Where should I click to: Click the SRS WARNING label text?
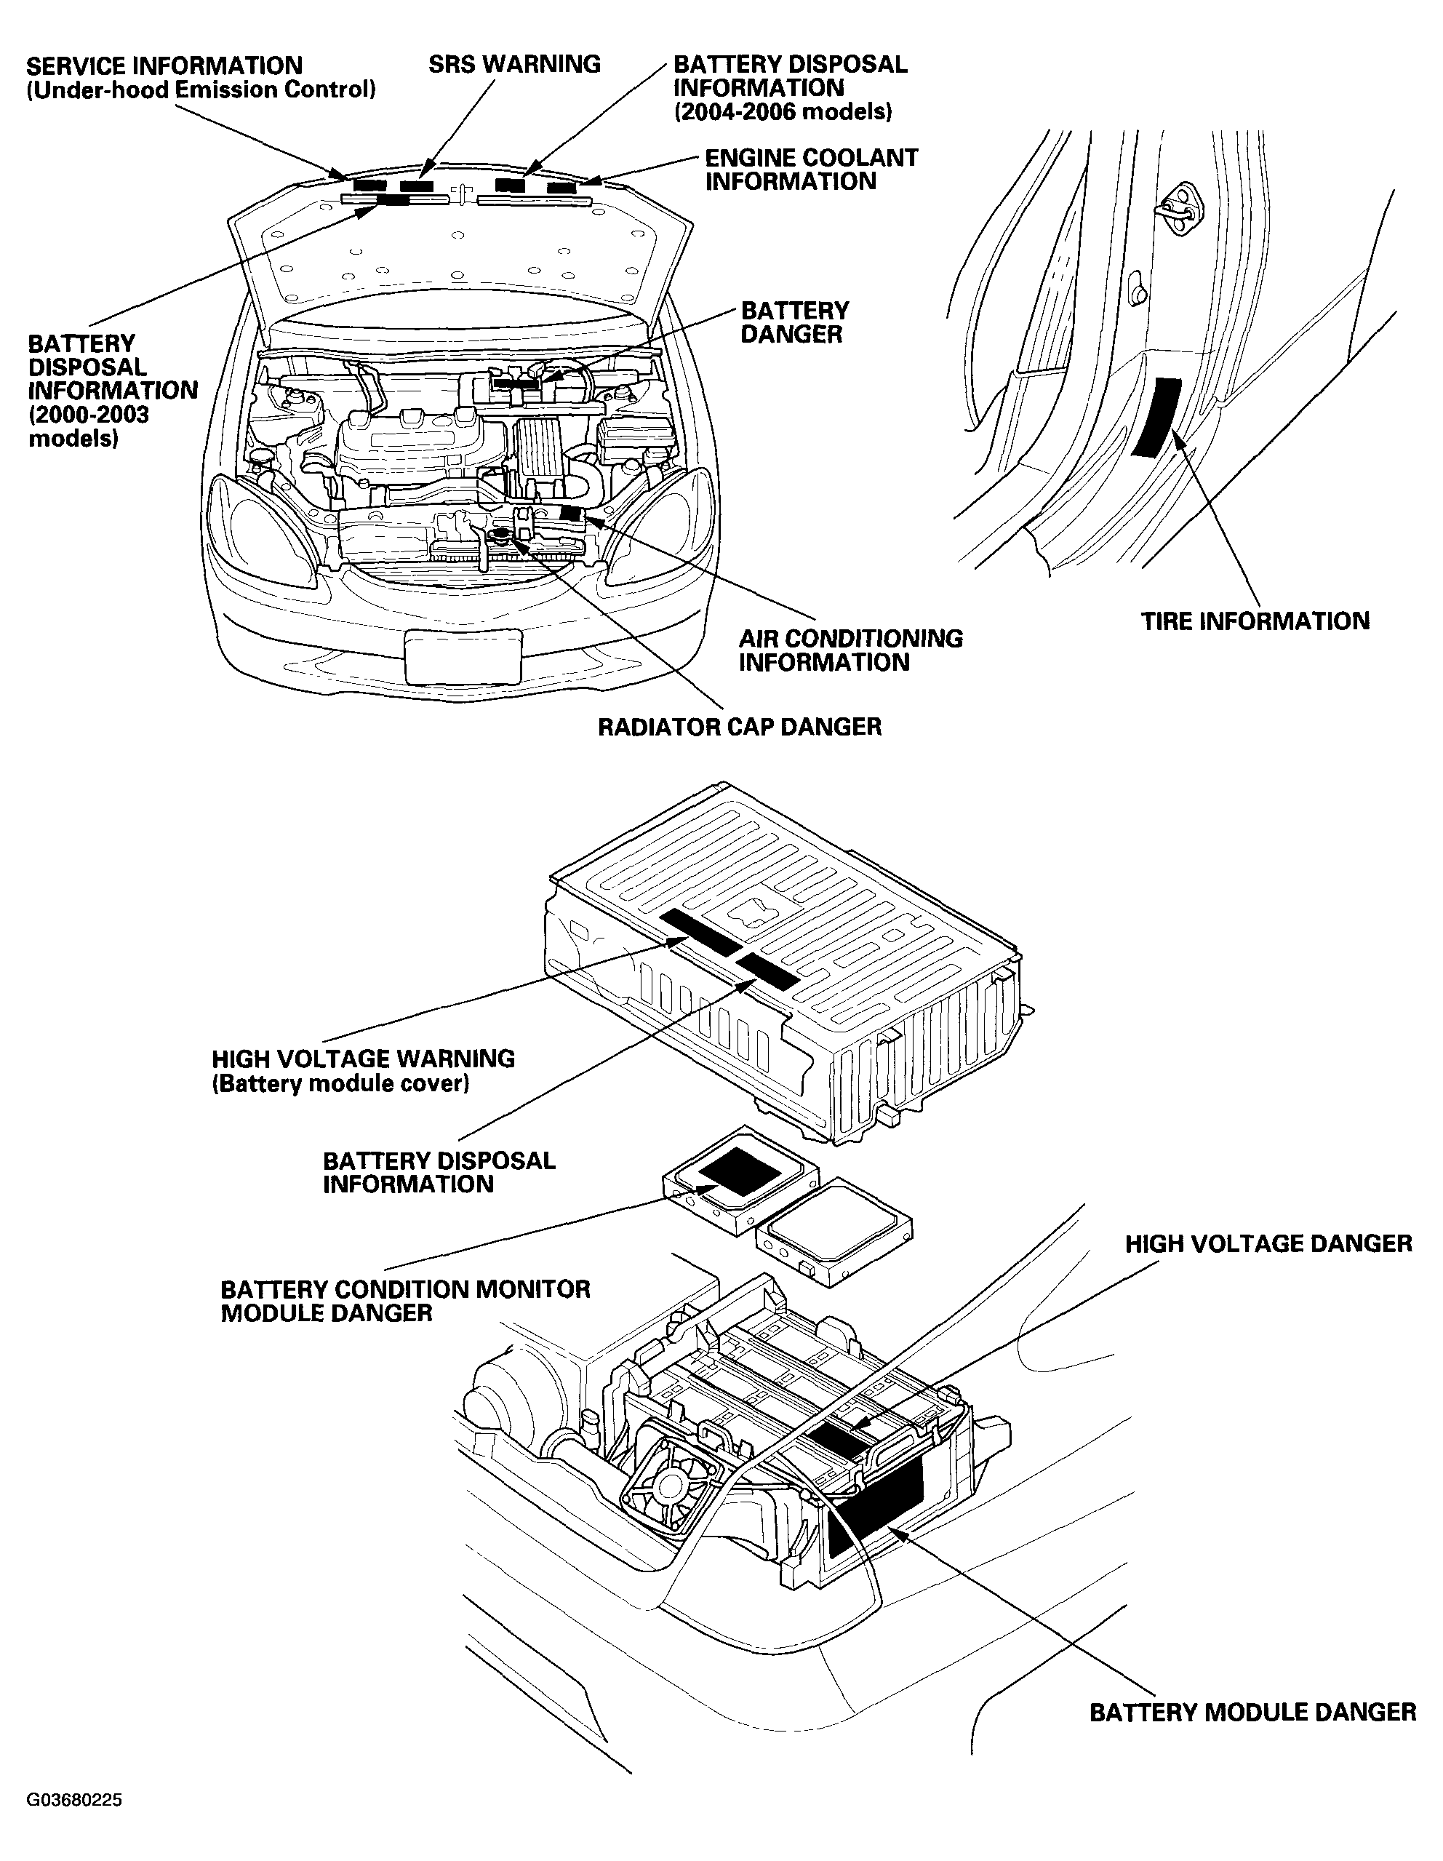tap(514, 65)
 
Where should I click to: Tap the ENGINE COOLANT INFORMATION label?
tap(811, 170)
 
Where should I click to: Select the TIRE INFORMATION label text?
tap(1255, 621)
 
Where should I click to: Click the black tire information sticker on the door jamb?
tap(1154, 416)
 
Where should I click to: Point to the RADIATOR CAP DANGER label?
tap(740, 727)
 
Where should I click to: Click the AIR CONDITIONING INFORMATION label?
tap(850, 650)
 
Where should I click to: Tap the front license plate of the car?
tap(463, 656)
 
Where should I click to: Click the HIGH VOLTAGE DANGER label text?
tap(1268, 1244)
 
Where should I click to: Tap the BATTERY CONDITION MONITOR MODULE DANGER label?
tap(405, 1301)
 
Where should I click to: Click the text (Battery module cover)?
tap(340, 1084)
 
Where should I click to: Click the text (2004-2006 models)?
tap(783, 111)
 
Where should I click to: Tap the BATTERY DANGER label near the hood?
tap(795, 322)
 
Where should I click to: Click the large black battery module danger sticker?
tap(876, 1506)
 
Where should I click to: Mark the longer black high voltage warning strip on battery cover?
tap(701, 931)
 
